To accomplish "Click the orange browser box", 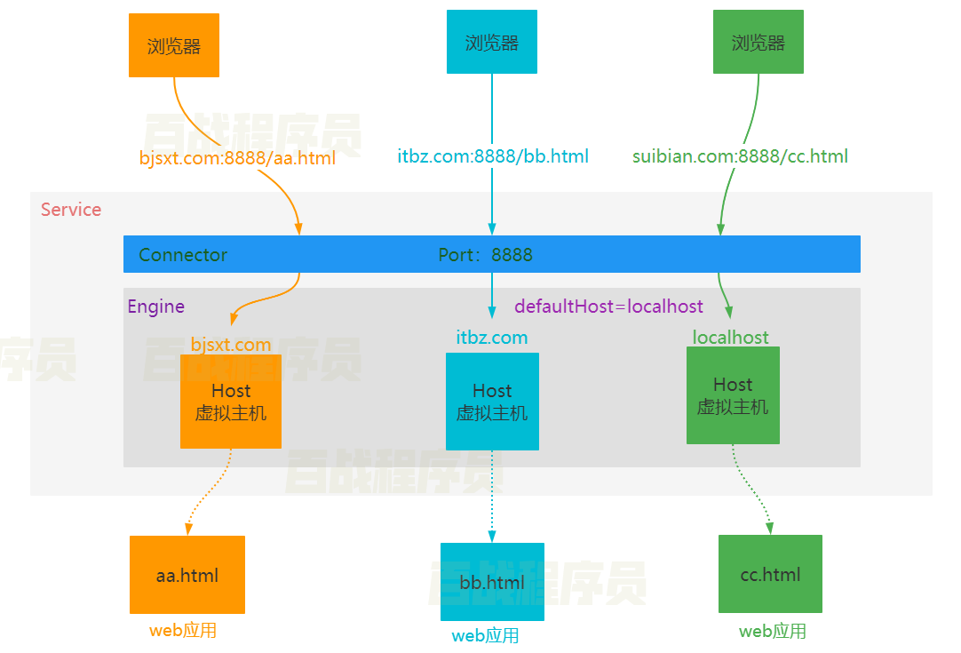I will point(174,45).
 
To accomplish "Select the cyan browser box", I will point(492,42).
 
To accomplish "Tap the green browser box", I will point(758,42).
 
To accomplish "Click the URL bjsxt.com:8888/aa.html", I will point(237,158).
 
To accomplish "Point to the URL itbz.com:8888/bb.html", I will point(493,157).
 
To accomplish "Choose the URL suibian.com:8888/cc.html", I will point(740,157).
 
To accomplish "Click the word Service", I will point(71,210).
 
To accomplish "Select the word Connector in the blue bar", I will point(183,255).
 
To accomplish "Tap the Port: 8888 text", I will point(486,255).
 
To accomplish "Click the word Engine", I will point(156,307).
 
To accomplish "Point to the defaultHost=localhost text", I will point(608,307).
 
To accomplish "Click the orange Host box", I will point(231,402).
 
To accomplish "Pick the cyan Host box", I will point(492,402).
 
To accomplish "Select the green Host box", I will point(733,395).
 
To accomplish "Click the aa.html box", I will point(187,575).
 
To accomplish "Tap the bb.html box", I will point(492,582).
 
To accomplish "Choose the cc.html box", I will point(770,574).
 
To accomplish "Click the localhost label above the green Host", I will point(731,338).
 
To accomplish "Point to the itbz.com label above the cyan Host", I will point(492,338).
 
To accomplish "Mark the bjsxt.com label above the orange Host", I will point(231,345).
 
